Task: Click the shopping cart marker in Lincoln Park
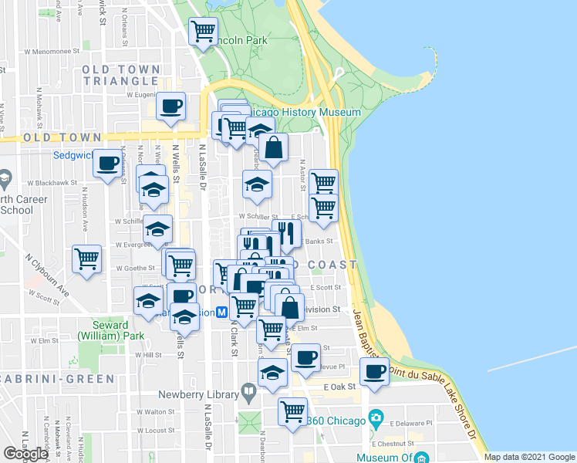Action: (203, 32)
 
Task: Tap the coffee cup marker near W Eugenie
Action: (170, 106)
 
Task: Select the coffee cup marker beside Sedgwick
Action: (108, 163)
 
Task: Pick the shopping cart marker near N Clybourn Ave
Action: (86, 258)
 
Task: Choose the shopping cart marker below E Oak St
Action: (292, 411)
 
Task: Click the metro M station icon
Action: (221, 313)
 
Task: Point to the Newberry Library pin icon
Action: (248, 394)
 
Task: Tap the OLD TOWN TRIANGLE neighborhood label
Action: (121, 75)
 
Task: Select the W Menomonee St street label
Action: (52, 51)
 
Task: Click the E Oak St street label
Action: (339, 386)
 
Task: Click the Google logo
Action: (25, 454)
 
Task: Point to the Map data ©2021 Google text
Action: (529, 457)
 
